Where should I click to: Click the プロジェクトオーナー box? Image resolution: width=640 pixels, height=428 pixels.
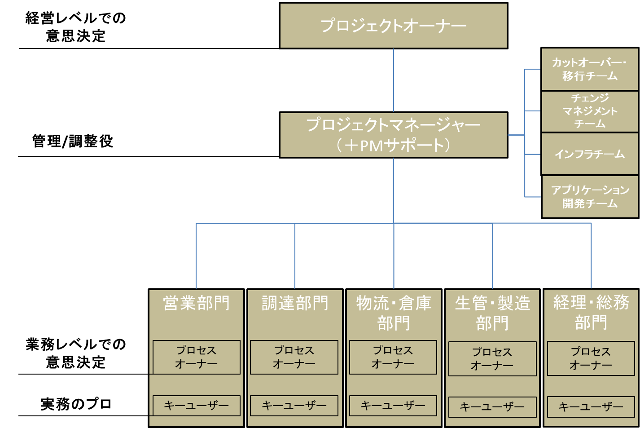pos(393,26)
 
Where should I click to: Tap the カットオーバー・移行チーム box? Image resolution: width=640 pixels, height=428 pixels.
pos(589,69)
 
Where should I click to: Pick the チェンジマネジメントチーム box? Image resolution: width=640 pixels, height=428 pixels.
pos(589,111)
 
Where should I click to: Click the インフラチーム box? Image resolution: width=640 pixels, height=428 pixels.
pos(589,154)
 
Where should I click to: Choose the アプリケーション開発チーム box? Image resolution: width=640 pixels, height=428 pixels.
pos(589,197)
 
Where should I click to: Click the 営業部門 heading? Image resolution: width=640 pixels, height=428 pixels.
pos(196,303)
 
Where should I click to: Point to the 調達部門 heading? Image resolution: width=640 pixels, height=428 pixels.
pos(295,303)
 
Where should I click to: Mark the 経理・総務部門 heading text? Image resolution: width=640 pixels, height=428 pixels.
pos(591,312)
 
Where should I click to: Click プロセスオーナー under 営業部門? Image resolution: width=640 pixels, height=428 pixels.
pos(196,357)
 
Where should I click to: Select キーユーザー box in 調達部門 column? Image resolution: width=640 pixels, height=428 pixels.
pos(294,406)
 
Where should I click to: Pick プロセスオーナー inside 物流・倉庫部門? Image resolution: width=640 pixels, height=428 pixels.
pos(393,357)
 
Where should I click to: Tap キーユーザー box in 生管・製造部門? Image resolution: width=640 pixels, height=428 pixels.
pos(492,407)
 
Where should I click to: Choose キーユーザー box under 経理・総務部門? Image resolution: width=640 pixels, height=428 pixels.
pos(591,407)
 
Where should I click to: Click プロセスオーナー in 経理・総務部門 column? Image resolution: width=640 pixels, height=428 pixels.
pos(591,358)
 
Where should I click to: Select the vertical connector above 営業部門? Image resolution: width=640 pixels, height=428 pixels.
pos(196,256)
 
